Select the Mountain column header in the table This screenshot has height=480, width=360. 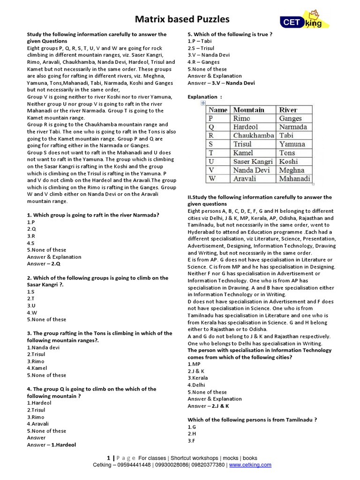pyautogui.click(x=248, y=110)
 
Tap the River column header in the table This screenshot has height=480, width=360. pyautogui.click(x=288, y=110)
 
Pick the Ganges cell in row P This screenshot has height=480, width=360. pyautogui.click(x=290, y=119)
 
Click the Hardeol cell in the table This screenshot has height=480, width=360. pyautogui.click(x=246, y=127)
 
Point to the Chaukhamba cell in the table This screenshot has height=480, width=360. pyautogui.click(x=253, y=135)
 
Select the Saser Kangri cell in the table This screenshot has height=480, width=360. pyautogui.click(x=253, y=161)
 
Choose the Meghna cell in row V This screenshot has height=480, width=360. pyautogui.click(x=292, y=170)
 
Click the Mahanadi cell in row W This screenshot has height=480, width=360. pyautogui.click(x=295, y=179)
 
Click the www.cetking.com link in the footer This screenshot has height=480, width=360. pyautogui.click(x=251, y=465)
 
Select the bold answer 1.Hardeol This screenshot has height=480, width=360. pyautogui.click(x=59, y=445)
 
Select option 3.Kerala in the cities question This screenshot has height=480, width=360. pyautogui.click(x=197, y=378)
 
